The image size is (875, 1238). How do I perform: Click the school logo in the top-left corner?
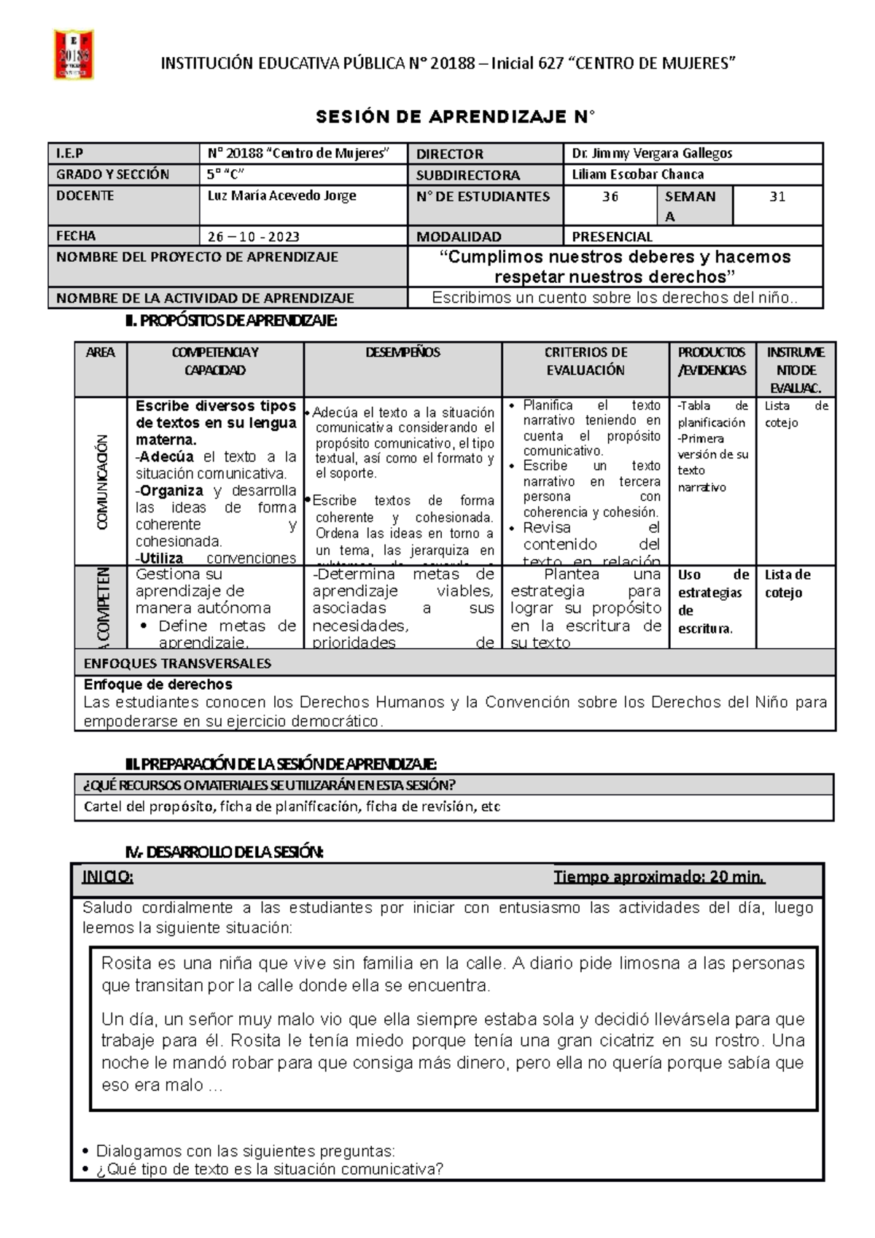[x=74, y=55]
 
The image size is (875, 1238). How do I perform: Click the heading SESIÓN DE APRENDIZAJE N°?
[x=454, y=117]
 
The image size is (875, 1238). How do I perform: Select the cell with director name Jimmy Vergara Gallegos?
[x=652, y=153]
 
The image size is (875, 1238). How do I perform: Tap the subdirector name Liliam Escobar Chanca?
[x=637, y=174]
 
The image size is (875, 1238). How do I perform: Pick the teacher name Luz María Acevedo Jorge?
[x=281, y=195]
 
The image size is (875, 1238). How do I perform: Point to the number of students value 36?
[x=610, y=197]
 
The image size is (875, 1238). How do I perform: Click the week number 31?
[x=777, y=197]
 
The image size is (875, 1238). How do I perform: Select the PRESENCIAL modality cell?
[x=612, y=236]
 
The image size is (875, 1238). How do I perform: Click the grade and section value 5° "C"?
[x=225, y=174]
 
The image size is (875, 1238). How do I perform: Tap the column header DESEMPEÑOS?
[x=402, y=352]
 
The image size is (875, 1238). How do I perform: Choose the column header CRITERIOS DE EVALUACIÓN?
[x=586, y=361]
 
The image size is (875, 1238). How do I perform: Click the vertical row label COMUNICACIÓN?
[x=101, y=481]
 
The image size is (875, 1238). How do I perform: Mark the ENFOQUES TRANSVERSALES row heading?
[x=177, y=663]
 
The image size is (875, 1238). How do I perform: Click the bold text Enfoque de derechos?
[x=157, y=685]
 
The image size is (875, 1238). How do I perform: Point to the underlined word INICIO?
[x=107, y=876]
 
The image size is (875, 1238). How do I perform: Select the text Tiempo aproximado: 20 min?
[x=658, y=876]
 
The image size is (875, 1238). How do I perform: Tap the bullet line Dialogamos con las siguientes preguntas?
[x=245, y=1151]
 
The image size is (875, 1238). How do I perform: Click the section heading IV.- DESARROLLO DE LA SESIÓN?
[x=224, y=852]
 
